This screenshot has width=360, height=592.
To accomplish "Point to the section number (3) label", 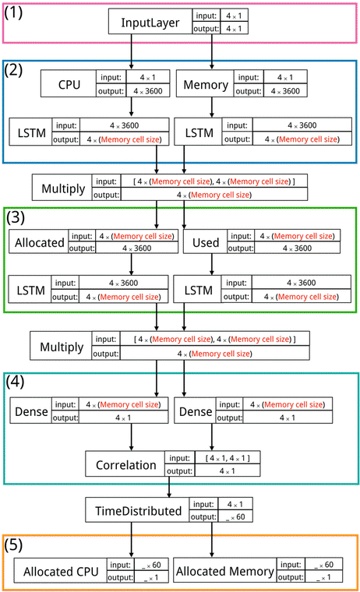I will (18, 217).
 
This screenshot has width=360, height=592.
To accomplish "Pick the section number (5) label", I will (18, 544).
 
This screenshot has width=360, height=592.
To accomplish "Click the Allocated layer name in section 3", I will (39, 242).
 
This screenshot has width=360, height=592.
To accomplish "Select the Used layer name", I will (204, 242).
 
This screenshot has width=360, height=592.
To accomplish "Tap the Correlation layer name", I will (127, 466).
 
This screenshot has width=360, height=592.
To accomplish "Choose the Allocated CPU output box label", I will (62, 572).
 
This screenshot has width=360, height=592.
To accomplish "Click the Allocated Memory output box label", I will (226, 572).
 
